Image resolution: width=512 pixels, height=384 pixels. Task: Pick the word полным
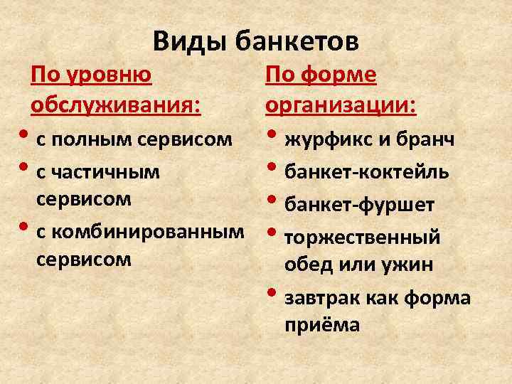(84, 139)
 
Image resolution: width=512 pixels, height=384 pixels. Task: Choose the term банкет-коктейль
(366, 171)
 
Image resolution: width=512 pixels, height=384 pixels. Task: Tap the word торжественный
(362, 238)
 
